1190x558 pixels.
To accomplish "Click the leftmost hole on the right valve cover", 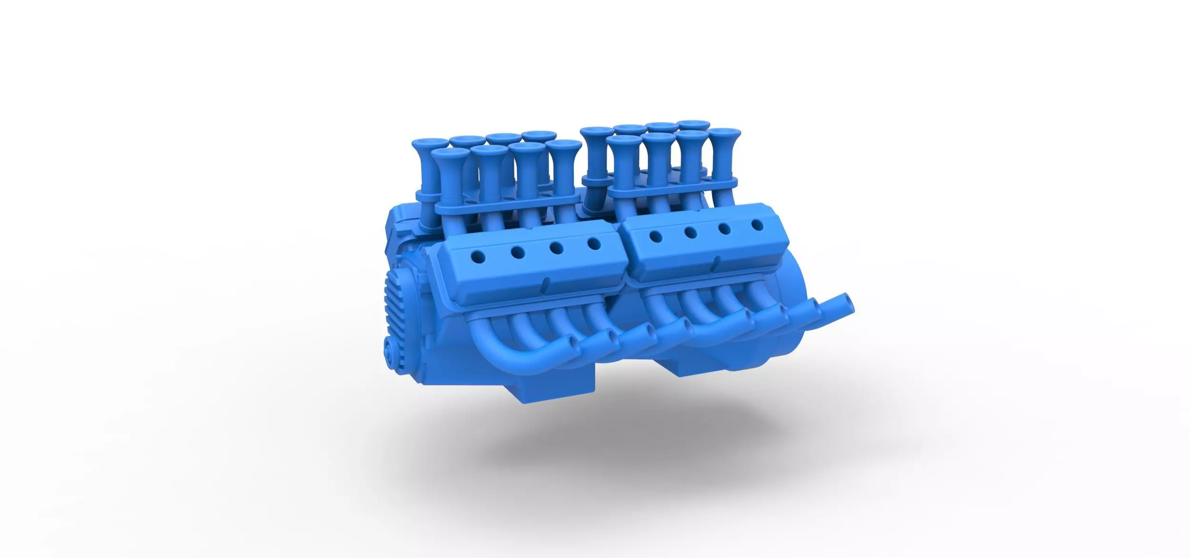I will click(x=656, y=235).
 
